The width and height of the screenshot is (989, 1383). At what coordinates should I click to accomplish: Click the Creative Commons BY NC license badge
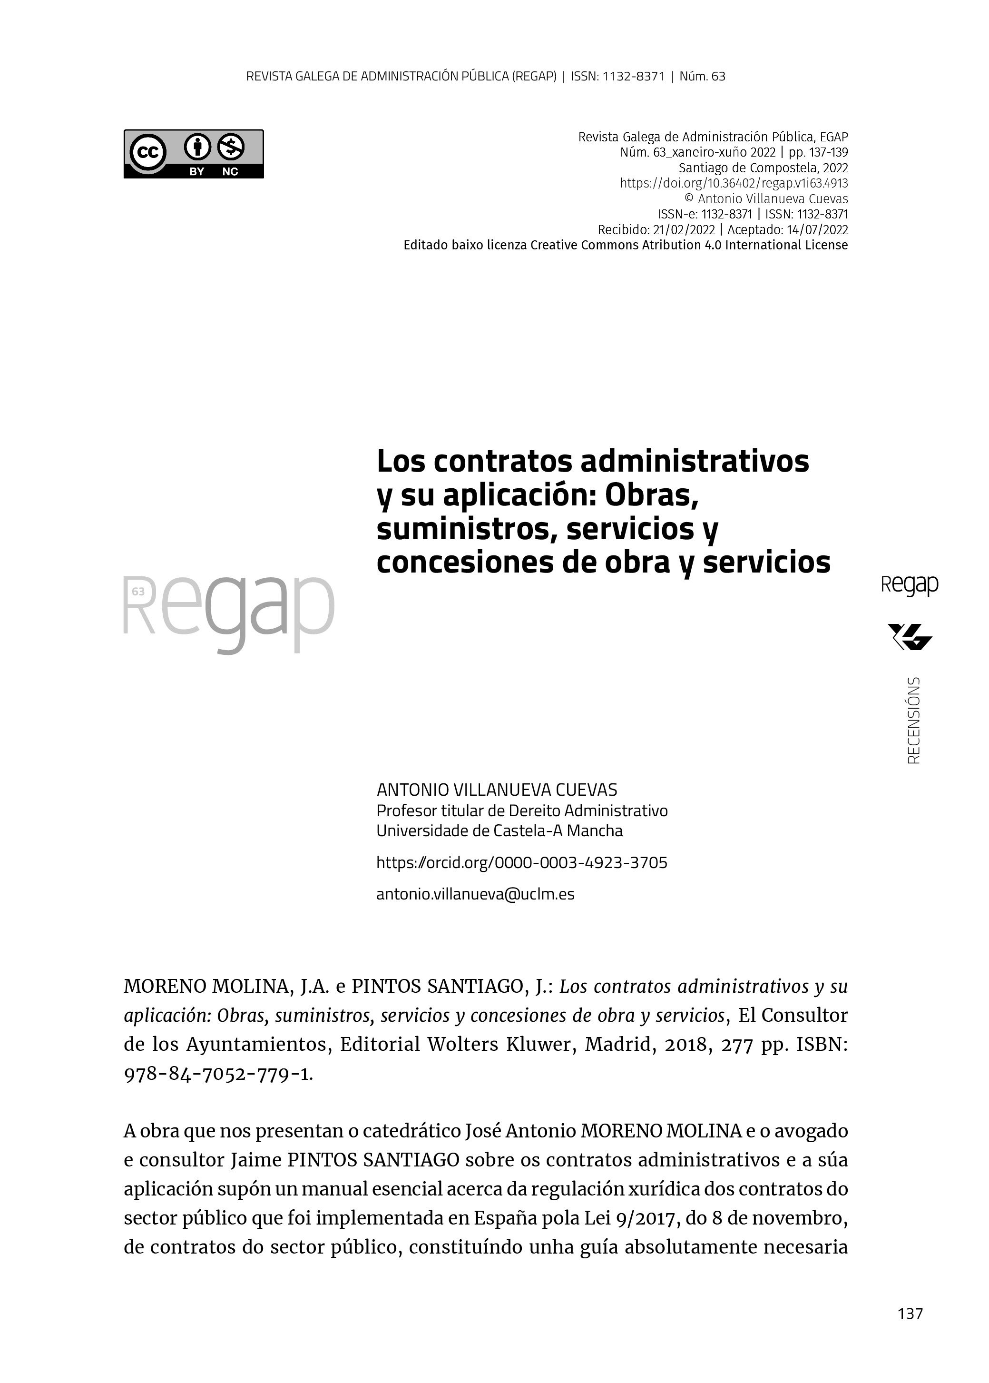pyautogui.click(x=194, y=154)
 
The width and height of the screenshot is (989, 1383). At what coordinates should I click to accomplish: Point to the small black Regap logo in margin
pyautogui.click(x=909, y=585)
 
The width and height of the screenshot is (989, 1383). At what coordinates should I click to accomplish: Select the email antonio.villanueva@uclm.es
pyautogui.click(x=475, y=894)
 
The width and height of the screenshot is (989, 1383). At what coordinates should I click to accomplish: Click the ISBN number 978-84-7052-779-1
pyautogui.click(x=218, y=1074)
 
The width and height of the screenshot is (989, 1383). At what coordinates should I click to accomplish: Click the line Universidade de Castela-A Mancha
pyautogui.click(x=499, y=830)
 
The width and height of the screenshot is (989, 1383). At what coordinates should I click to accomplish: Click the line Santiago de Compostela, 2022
pyautogui.click(x=763, y=168)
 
